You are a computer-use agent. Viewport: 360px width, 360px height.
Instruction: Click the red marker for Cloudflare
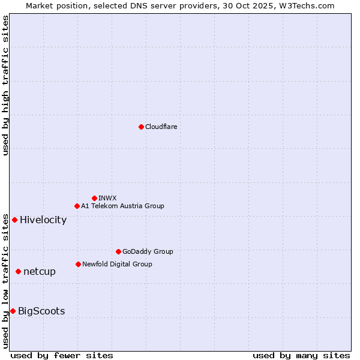tap(141, 127)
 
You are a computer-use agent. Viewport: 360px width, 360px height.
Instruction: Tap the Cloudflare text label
tap(161, 127)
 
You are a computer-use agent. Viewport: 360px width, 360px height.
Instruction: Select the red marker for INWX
tap(94, 198)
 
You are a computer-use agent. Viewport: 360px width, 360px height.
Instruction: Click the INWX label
tap(108, 198)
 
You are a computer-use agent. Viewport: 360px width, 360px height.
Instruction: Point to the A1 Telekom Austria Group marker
tap(77, 206)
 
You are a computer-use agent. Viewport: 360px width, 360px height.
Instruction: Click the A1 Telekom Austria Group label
tap(122, 206)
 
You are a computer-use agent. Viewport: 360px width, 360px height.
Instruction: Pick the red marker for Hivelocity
tap(14, 220)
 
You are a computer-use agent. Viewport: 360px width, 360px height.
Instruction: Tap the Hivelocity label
tap(43, 220)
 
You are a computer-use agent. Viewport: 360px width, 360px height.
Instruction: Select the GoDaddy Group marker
tap(118, 251)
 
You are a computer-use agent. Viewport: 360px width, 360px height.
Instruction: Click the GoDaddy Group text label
tap(148, 251)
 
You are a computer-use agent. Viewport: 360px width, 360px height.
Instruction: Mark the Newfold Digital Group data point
tap(78, 264)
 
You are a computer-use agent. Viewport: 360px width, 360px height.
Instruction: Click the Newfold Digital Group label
tap(117, 264)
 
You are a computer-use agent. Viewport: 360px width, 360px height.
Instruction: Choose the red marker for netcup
tap(18, 272)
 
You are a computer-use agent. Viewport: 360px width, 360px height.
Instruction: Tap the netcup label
tap(40, 272)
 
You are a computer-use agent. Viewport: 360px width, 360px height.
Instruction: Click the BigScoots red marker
tap(13, 311)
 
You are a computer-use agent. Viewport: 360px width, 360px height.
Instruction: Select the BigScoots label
tap(41, 311)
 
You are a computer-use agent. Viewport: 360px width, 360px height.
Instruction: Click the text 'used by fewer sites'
tap(62, 355)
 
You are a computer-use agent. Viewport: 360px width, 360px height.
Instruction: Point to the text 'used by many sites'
tap(301, 355)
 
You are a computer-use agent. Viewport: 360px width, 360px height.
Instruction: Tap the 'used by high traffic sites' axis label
tap(5, 85)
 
